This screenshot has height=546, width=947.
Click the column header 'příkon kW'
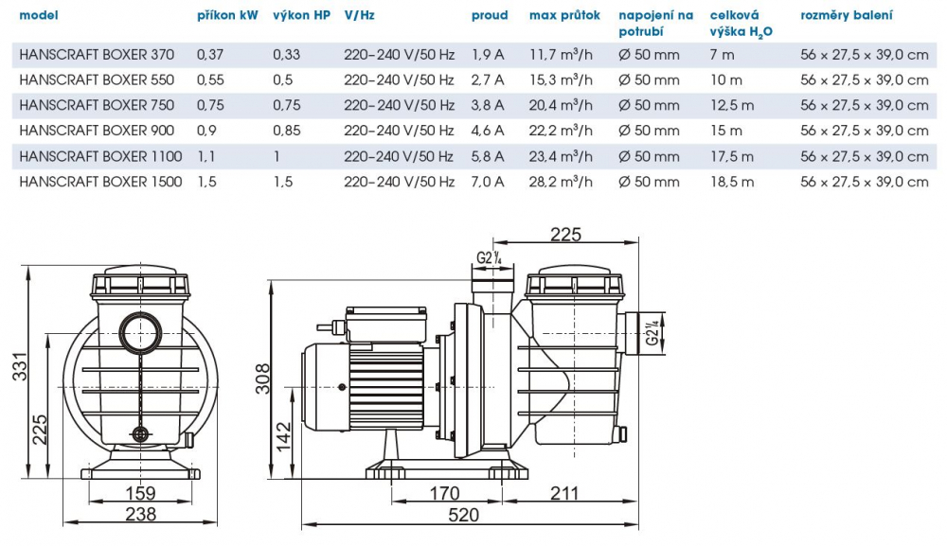(227, 15)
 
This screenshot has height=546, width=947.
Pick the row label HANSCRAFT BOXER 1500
(100, 182)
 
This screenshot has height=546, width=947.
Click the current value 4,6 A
(488, 131)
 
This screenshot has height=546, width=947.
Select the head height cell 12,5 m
(731, 105)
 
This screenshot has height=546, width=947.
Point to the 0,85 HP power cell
(288, 131)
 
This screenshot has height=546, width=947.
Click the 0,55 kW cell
(211, 80)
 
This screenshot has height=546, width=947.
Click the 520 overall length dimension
(463, 516)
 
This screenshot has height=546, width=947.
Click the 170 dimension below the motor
(444, 493)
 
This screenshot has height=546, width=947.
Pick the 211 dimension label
(563, 493)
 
